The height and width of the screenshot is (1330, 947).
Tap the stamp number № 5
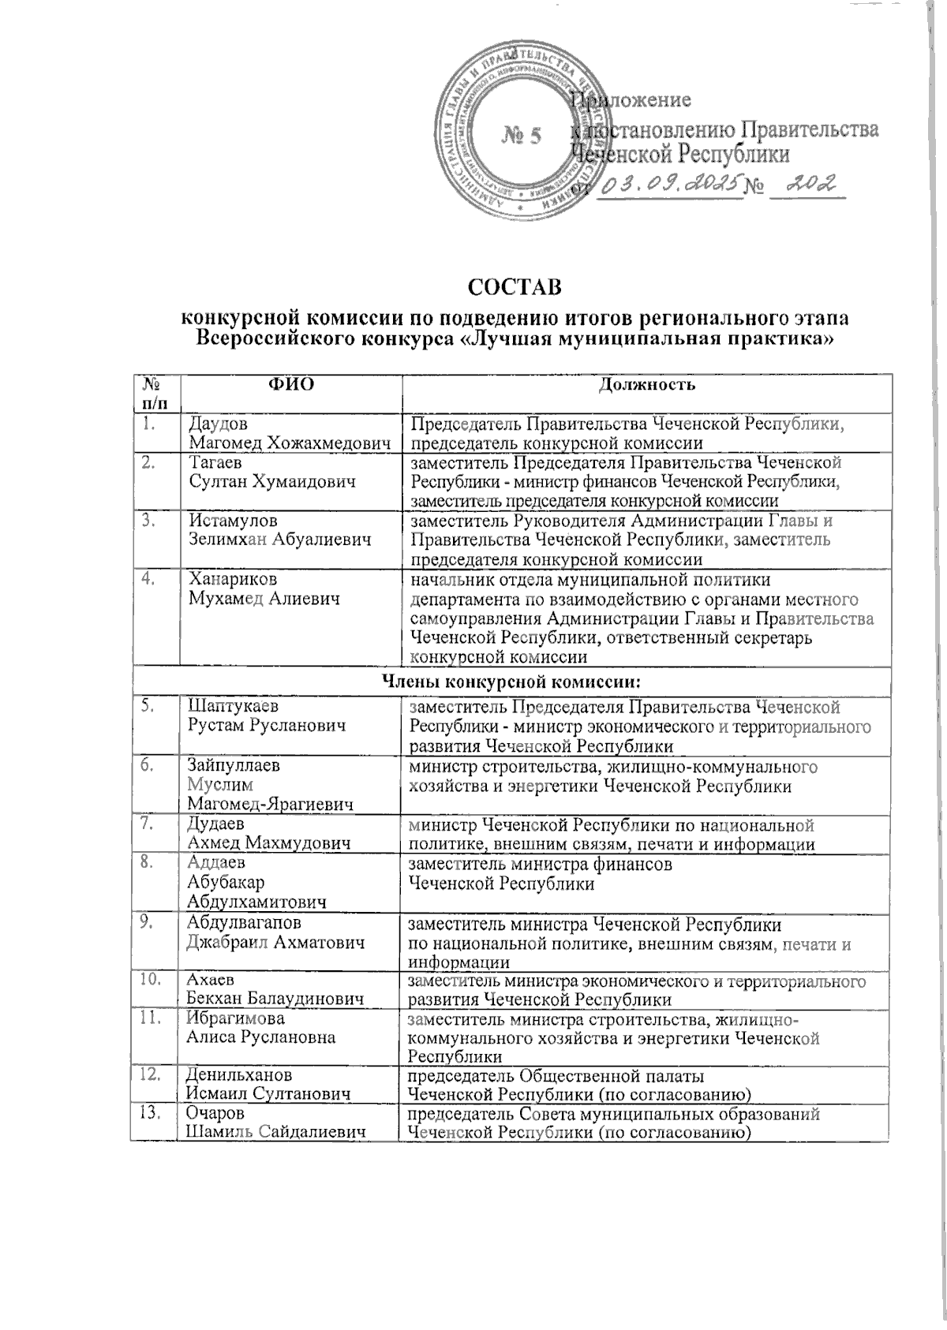(x=521, y=136)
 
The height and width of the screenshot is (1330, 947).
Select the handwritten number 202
(x=810, y=185)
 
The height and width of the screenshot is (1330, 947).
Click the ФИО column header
(x=291, y=385)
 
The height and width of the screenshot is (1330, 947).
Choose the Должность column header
(x=646, y=385)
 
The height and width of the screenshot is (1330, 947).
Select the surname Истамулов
(x=233, y=521)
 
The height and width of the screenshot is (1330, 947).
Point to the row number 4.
(x=148, y=580)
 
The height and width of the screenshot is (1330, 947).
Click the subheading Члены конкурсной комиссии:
(x=511, y=678)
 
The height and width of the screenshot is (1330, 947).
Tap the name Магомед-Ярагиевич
(x=270, y=804)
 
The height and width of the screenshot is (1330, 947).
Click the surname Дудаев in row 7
(x=216, y=824)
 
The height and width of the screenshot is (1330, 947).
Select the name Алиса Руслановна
(x=260, y=1037)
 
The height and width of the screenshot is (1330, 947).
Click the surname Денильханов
(x=238, y=1075)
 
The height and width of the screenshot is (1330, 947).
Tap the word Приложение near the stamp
(x=631, y=100)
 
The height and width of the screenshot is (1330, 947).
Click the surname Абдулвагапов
(x=243, y=922)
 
